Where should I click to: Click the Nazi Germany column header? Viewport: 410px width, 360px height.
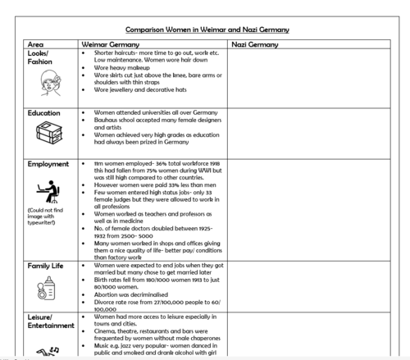(x=255, y=43)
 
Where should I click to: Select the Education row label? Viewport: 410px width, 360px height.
(x=43, y=113)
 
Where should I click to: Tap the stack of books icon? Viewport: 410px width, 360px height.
(x=48, y=134)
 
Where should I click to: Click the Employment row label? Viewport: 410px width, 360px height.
(x=48, y=164)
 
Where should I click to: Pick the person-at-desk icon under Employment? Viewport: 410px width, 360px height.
(x=48, y=192)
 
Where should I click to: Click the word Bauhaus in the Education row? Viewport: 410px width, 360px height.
(x=106, y=121)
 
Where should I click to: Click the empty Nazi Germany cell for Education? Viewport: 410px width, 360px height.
(x=311, y=131)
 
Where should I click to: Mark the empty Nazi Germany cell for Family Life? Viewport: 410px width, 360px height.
(x=311, y=287)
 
